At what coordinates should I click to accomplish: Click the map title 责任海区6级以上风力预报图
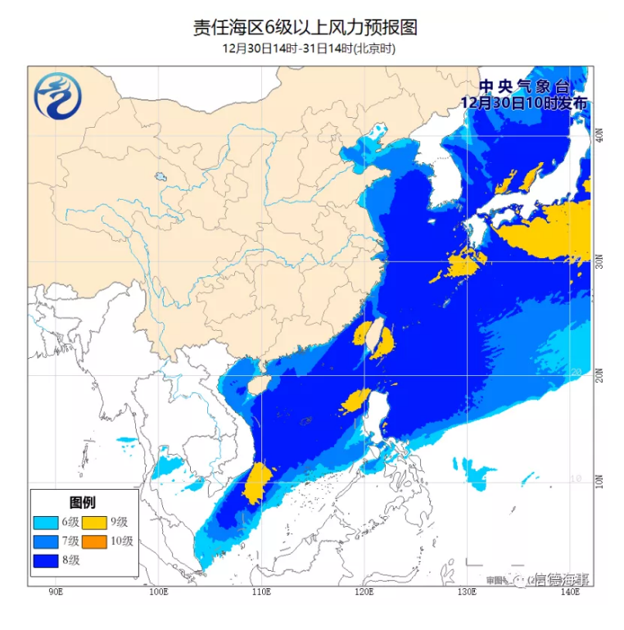(x=305, y=28)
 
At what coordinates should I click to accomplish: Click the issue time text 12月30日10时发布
(x=524, y=103)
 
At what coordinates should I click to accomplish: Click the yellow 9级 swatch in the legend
(x=97, y=521)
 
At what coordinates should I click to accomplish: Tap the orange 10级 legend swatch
(x=97, y=541)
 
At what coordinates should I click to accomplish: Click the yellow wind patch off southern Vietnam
(x=256, y=483)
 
